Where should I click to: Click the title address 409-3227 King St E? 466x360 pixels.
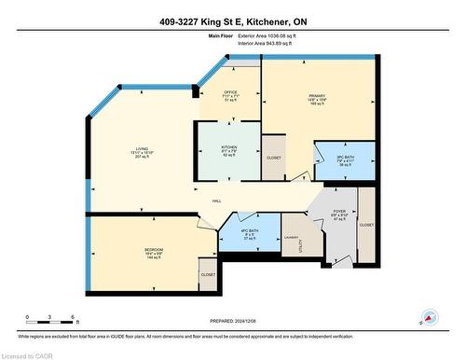[x=232, y=20]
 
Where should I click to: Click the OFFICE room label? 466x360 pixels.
[x=230, y=91]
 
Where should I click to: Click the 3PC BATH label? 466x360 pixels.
[x=345, y=157]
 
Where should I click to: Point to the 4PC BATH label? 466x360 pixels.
[x=249, y=229]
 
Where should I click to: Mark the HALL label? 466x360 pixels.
[x=216, y=200]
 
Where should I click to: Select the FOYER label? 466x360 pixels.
[x=339, y=212]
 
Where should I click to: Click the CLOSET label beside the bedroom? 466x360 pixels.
[x=207, y=274]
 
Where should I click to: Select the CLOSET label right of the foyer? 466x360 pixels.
[x=366, y=225]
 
